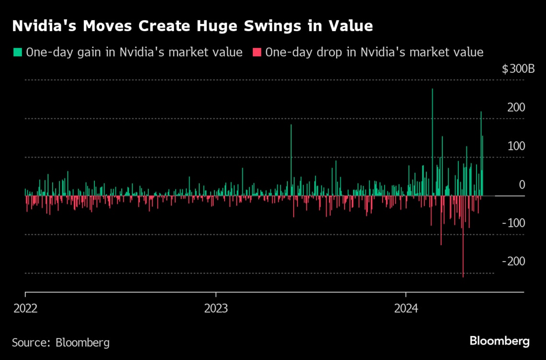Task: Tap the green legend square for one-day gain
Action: pos(17,52)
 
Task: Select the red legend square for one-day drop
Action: pos(257,52)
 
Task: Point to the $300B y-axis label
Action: pos(518,69)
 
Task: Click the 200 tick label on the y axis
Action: pos(516,108)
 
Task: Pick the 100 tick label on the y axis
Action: pos(516,146)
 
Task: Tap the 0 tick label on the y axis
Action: pos(522,185)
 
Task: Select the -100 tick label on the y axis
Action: pos(514,223)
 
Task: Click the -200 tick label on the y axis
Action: pos(513,261)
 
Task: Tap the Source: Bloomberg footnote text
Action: pos(61,343)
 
